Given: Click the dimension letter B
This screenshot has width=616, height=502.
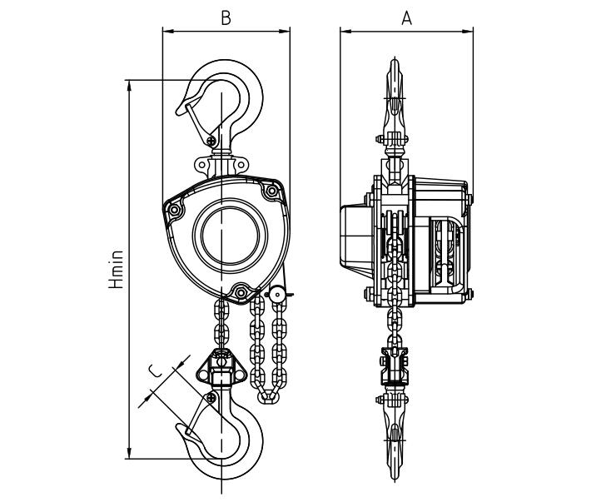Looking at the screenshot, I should pos(226,17).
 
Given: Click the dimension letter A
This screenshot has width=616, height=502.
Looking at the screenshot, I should pos(406,17).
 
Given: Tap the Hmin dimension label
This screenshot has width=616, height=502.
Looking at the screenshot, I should pos(117,270).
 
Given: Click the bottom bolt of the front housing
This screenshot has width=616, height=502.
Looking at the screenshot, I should pos(241,291).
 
